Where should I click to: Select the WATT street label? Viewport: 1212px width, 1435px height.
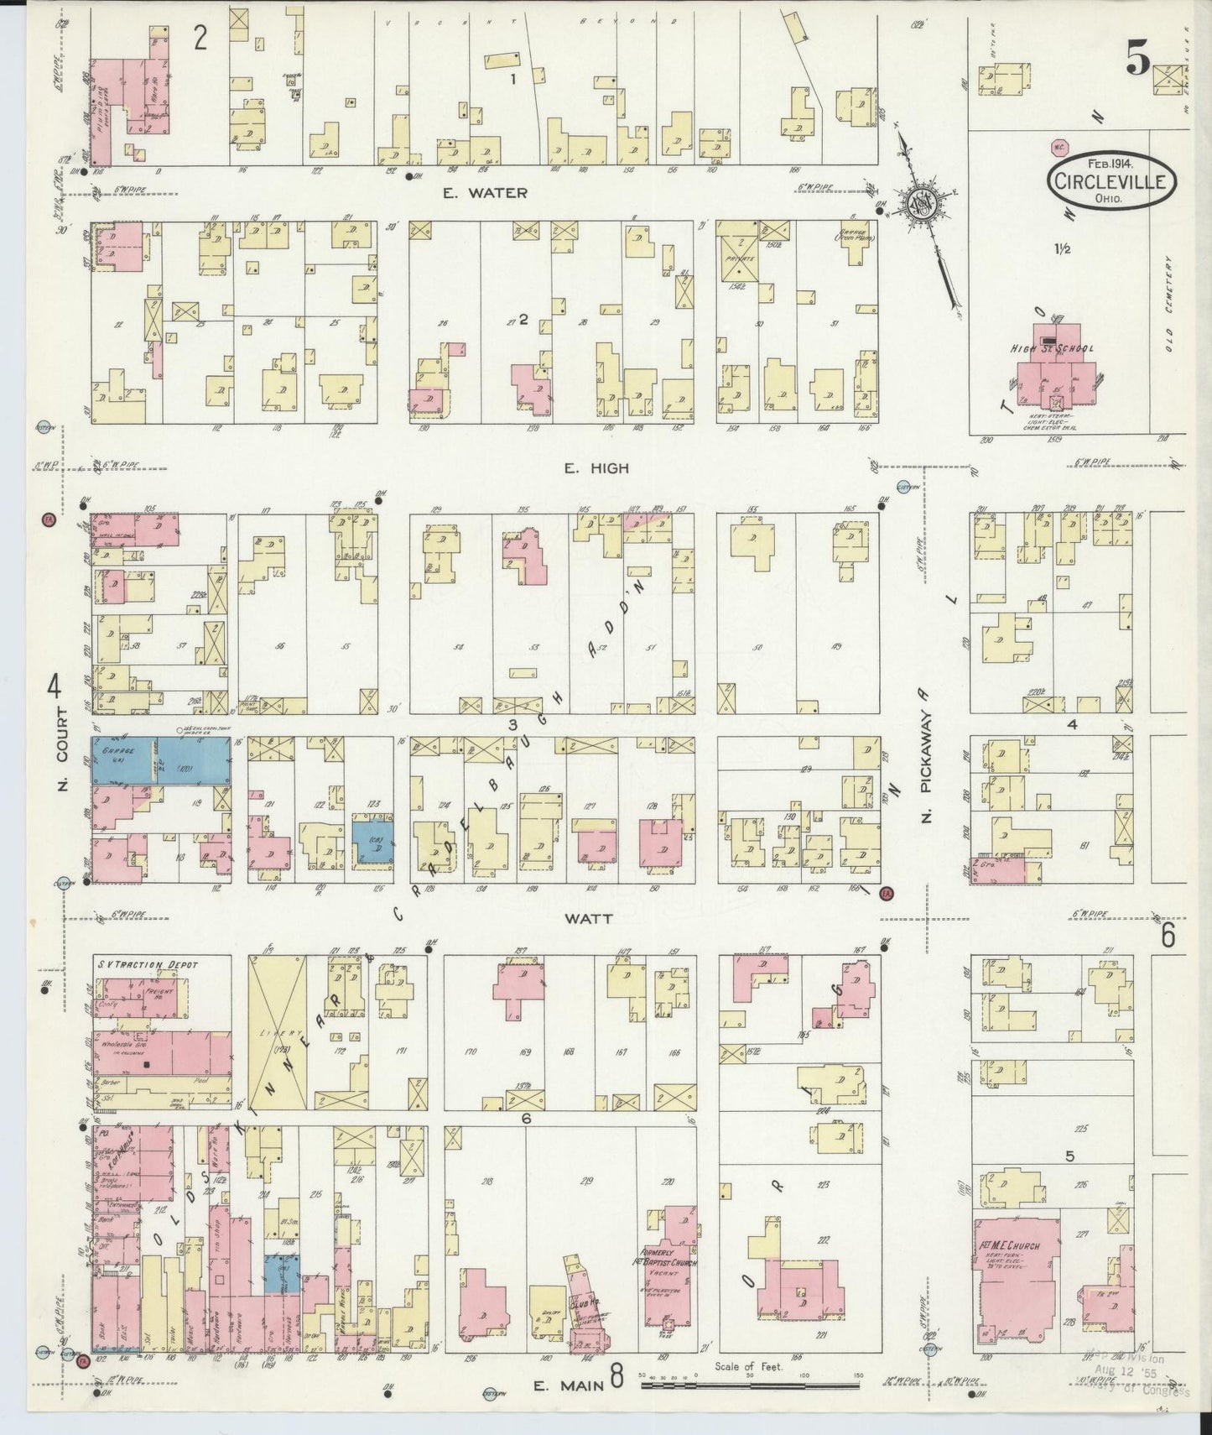pyautogui.click(x=588, y=918)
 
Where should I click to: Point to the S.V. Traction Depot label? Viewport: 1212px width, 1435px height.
pyautogui.click(x=147, y=964)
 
